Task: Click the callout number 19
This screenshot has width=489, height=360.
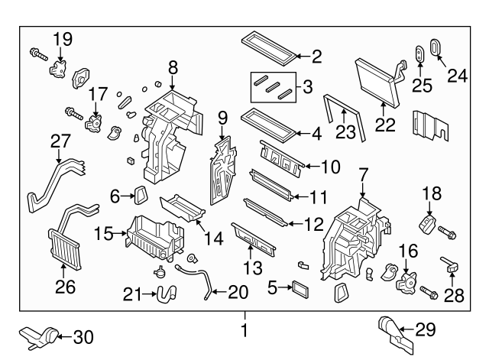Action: pos(62,37)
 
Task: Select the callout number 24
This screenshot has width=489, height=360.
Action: pos(456,75)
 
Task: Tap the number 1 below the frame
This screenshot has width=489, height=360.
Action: pos(244,331)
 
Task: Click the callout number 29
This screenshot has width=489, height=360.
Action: pos(426,329)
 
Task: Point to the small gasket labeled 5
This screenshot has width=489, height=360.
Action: pos(297,289)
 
